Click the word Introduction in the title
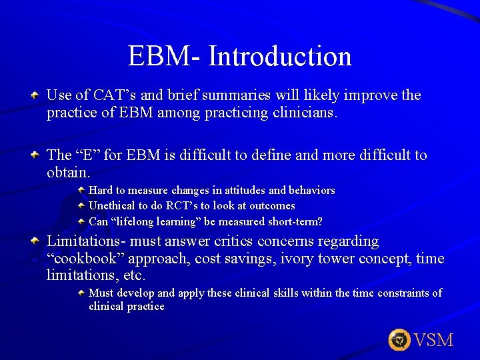point(280,57)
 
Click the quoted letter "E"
point(87,155)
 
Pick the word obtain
point(67,173)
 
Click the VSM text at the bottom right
point(433,340)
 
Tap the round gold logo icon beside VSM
point(399,340)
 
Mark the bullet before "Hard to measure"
point(81,191)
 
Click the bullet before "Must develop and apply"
point(81,293)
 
